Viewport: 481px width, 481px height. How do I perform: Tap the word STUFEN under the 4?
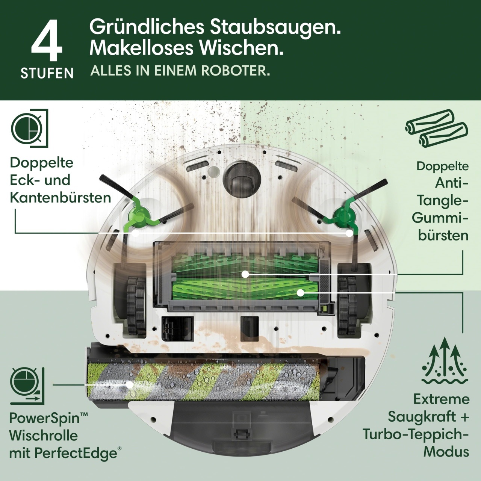point(47,73)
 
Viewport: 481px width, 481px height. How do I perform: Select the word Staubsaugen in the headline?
point(275,28)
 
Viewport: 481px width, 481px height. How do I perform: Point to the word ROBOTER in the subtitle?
point(235,71)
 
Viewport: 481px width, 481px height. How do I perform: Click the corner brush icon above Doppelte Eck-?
point(29,129)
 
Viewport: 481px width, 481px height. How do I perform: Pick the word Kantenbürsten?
point(61,198)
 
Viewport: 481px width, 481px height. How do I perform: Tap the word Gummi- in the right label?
point(440,218)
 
